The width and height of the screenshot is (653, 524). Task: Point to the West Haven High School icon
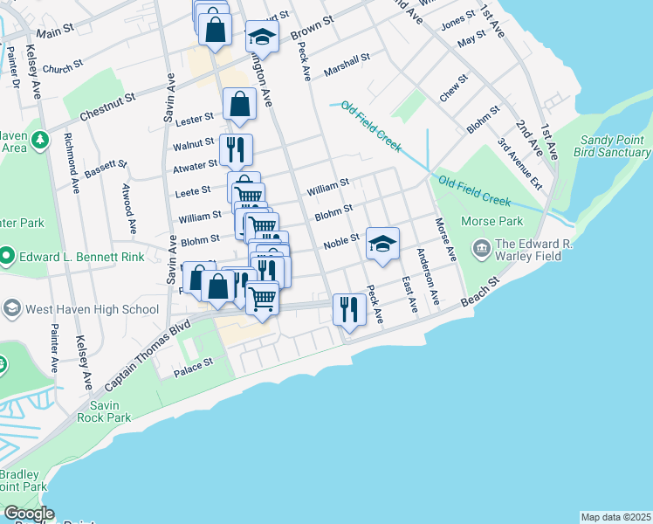click(x=12, y=308)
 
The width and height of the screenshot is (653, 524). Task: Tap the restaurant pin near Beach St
click(x=348, y=309)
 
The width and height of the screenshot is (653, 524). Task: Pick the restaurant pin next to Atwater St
click(x=235, y=149)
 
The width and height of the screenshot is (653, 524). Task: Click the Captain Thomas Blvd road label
click(x=146, y=355)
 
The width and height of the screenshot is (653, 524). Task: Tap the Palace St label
click(x=196, y=363)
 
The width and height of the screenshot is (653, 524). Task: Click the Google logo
click(x=29, y=514)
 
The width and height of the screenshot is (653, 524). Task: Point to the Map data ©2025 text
click(x=615, y=517)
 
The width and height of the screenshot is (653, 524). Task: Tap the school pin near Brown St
click(x=261, y=36)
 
